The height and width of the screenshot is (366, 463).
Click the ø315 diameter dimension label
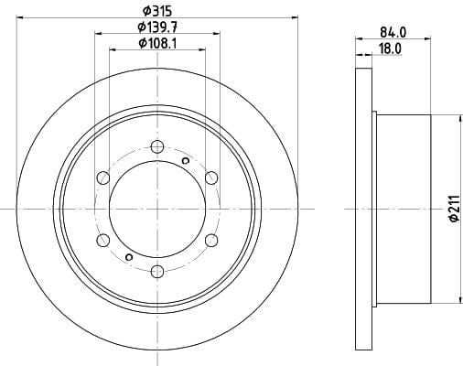click(x=157, y=11)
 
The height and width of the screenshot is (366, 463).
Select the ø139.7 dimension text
click(x=157, y=27)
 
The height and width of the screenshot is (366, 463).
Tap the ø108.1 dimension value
click(x=157, y=43)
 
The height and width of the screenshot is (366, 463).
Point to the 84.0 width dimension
click(x=393, y=32)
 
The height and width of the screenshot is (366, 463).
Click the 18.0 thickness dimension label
click(x=390, y=48)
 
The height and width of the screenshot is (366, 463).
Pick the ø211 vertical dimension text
click(x=455, y=209)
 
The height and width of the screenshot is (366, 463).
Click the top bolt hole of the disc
click(x=157, y=146)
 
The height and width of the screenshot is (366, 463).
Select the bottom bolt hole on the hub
click(x=157, y=271)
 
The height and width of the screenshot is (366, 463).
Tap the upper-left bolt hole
click(x=103, y=178)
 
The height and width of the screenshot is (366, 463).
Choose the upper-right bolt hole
click(x=211, y=178)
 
